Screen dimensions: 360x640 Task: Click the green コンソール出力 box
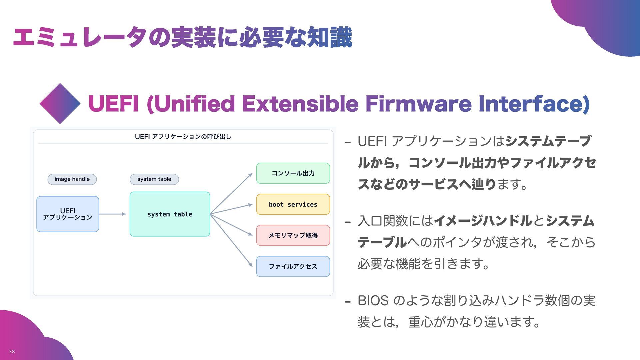[293, 173]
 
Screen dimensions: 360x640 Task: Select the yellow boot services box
[293, 204]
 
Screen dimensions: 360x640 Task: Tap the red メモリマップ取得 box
[293, 235]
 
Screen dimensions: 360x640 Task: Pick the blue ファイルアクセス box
[293, 266]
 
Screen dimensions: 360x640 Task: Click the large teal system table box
[170, 214]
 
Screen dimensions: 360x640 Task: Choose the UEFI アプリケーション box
[68, 214]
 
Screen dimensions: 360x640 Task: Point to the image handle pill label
[72, 179]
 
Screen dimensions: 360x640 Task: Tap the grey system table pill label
[154, 179]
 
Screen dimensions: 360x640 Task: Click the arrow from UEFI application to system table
[113, 214]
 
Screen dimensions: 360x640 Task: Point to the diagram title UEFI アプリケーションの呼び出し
[183, 137]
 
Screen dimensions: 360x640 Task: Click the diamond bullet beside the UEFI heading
[60, 104]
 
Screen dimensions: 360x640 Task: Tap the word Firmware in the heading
[418, 104]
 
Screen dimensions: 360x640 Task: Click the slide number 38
[12, 351]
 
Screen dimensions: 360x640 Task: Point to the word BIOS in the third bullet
[373, 301]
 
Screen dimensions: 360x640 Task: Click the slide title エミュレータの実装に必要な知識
[183, 37]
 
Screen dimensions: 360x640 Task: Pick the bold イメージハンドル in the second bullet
[483, 221]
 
